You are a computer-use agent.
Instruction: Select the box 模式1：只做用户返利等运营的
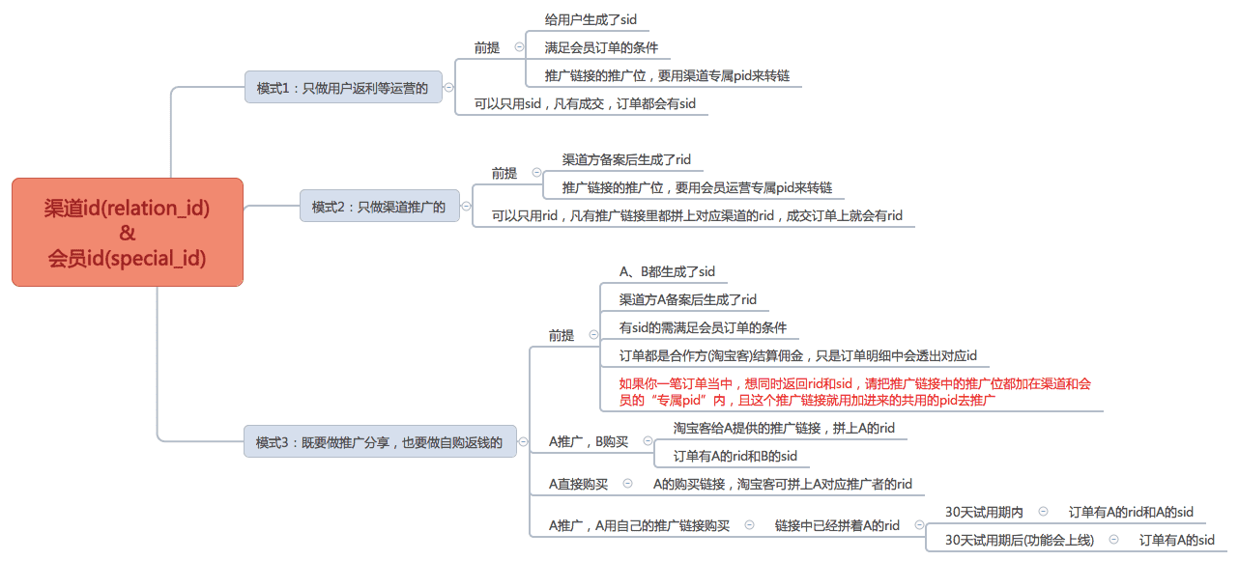coord(342,88)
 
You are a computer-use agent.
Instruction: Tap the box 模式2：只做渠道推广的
coord(379,207)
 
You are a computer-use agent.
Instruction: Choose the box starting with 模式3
coord(379,442)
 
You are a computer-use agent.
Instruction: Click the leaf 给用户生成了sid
coord(590,19)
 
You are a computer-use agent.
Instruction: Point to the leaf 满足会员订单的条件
coord(601,47)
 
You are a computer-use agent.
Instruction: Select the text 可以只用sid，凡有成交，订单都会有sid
coord(585,103)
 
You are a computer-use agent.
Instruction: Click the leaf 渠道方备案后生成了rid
coord(626,159)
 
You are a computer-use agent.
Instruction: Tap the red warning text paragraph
coord(854,391)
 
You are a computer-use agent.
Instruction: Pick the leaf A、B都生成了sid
coord(667,271)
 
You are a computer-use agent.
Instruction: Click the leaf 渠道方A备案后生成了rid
coord(687,299)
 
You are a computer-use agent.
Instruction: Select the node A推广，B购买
coord(589,441)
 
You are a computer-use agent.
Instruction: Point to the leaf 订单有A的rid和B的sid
coord(735,456)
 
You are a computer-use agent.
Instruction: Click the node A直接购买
coord(578,484)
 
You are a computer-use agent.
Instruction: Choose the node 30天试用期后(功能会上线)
coord(1019,541)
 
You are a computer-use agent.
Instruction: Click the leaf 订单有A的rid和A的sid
coord(1131,512)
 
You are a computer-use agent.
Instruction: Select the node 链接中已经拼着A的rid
coord(837,525)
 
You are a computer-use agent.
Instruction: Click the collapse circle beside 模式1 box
coord(449,88)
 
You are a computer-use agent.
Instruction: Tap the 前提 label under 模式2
coord(504,174)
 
